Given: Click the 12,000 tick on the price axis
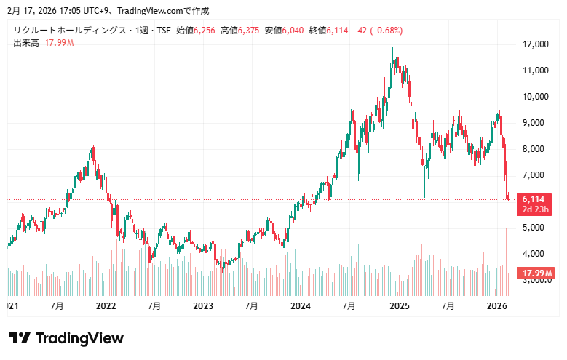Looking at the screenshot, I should point(534,44).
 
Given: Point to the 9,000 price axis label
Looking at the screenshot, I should point(534,123).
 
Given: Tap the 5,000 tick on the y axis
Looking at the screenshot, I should point(534,228).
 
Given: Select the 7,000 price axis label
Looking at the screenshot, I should point(534,175).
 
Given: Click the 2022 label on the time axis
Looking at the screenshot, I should point(106,306).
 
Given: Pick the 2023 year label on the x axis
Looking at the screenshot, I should point(203,306).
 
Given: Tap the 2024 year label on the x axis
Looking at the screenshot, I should point(301,306).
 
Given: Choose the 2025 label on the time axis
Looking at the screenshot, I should point(399,306).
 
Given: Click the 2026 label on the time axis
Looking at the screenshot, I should point(496,306).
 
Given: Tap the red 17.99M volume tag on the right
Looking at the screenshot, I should point(536,273).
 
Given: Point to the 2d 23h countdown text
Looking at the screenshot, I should point(534,209).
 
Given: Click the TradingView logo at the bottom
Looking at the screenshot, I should point(66,338).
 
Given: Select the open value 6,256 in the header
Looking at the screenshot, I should point(205,31).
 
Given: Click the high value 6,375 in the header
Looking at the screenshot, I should point(250,31).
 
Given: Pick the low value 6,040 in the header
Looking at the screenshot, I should point(295,31).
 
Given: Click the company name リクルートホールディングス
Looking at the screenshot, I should point(69,31).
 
